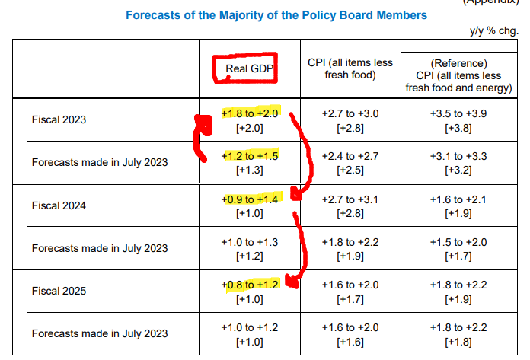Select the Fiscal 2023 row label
coord(59,119)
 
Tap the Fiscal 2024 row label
coord(59,205)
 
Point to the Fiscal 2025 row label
coord(59,291)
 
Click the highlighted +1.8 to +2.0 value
coord(251,113)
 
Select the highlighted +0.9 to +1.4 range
coord(251,199)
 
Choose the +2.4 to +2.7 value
coord(348,156)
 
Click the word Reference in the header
coord(458,63)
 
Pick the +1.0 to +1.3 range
coord(251,241)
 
